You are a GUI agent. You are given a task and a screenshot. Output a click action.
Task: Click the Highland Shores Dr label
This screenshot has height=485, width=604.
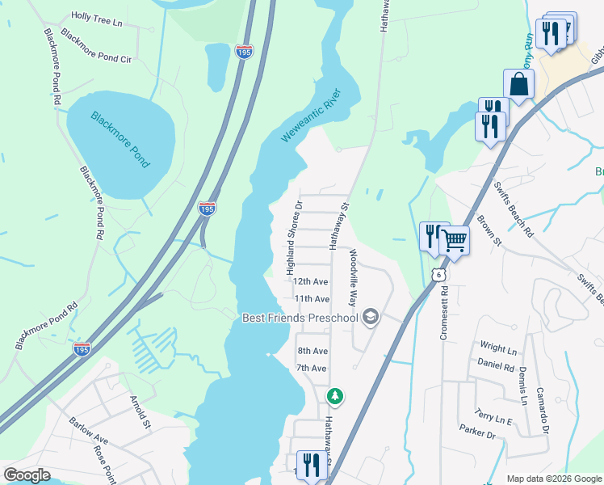(293, 238)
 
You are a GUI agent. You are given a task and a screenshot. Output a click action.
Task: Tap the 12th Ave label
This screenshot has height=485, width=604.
(310, 282)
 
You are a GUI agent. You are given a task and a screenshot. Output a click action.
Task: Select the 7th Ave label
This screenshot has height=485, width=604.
(311, 368)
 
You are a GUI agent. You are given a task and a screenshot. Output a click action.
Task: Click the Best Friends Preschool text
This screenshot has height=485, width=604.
(300, 318)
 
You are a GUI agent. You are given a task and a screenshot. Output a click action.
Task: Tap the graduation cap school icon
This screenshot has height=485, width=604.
(371, 316)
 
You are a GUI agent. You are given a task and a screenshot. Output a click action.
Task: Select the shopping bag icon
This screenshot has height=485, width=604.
(518, 84)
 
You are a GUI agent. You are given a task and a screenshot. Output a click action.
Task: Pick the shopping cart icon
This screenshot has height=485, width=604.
(454, 239)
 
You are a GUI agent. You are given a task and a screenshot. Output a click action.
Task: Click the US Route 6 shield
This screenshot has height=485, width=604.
(438, 276)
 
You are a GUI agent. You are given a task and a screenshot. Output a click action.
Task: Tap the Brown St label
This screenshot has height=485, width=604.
(489, 231)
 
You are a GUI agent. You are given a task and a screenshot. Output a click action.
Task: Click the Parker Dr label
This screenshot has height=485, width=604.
(476, 432)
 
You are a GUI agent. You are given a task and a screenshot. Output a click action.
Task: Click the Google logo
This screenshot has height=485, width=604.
(27, 475)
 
